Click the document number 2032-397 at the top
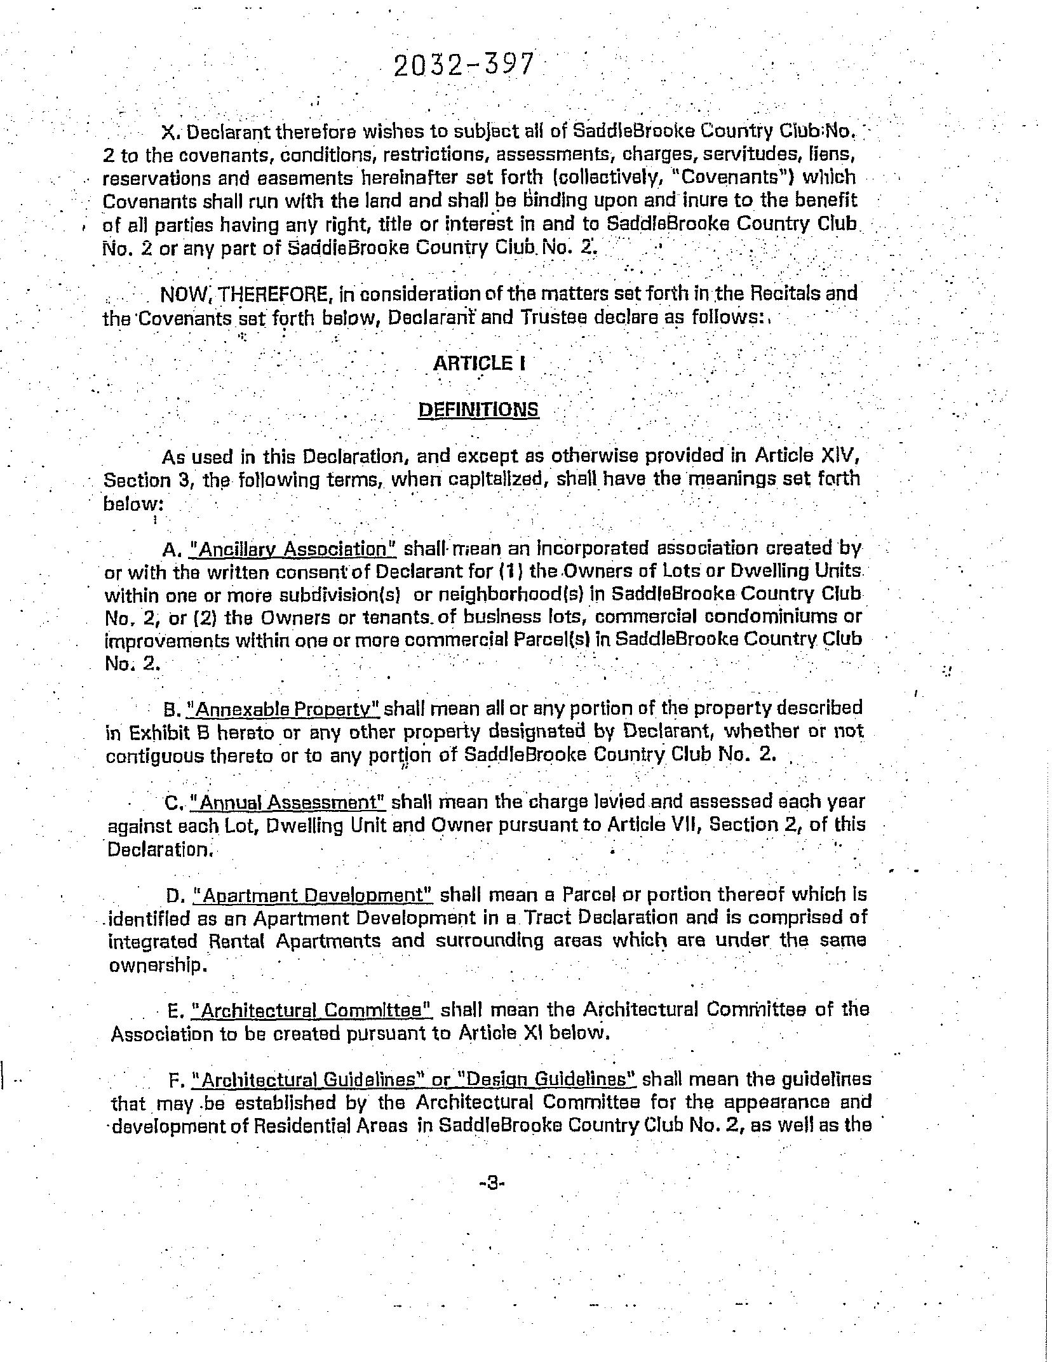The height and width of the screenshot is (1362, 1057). point(463,65)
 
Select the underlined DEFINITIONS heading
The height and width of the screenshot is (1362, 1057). point(478,409)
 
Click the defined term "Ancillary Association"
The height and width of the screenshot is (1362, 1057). point(293,549)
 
